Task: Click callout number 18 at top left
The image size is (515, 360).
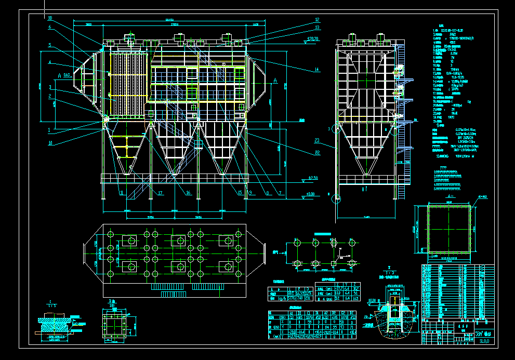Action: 50,18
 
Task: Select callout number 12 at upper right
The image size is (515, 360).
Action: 317,20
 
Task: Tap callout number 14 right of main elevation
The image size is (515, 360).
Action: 316,70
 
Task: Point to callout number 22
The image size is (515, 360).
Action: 317,152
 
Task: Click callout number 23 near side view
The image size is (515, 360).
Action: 317,140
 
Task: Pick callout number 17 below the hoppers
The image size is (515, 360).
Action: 161,193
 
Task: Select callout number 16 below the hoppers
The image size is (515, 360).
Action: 188,193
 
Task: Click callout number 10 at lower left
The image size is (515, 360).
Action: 50,142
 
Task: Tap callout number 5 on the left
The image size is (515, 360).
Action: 50,45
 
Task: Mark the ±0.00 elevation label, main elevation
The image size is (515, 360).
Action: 310,194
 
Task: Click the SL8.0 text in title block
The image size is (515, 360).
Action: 484,341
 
